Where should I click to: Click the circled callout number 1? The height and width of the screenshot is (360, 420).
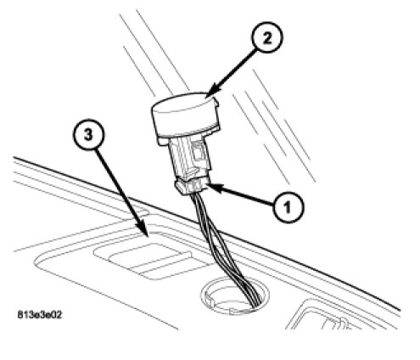(288, 207)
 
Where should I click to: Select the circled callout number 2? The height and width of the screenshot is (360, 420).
(266, 37)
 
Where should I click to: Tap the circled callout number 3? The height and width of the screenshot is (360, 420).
(88, 134)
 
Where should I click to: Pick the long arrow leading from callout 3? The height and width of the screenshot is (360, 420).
(122, 193)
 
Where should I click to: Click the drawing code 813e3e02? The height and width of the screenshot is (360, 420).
(40, 314)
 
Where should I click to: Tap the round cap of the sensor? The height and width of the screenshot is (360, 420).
(185, 113)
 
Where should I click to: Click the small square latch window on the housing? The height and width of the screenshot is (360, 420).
(199, 152)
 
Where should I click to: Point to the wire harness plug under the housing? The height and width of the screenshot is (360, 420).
(193, 186)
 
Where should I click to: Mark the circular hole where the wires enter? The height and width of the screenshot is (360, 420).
(234, 296)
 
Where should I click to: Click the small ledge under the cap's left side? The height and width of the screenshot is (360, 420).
(164, 141)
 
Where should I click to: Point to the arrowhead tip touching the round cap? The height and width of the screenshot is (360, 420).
(207, 97)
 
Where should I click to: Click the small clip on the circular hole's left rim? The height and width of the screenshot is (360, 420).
(210, 301)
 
